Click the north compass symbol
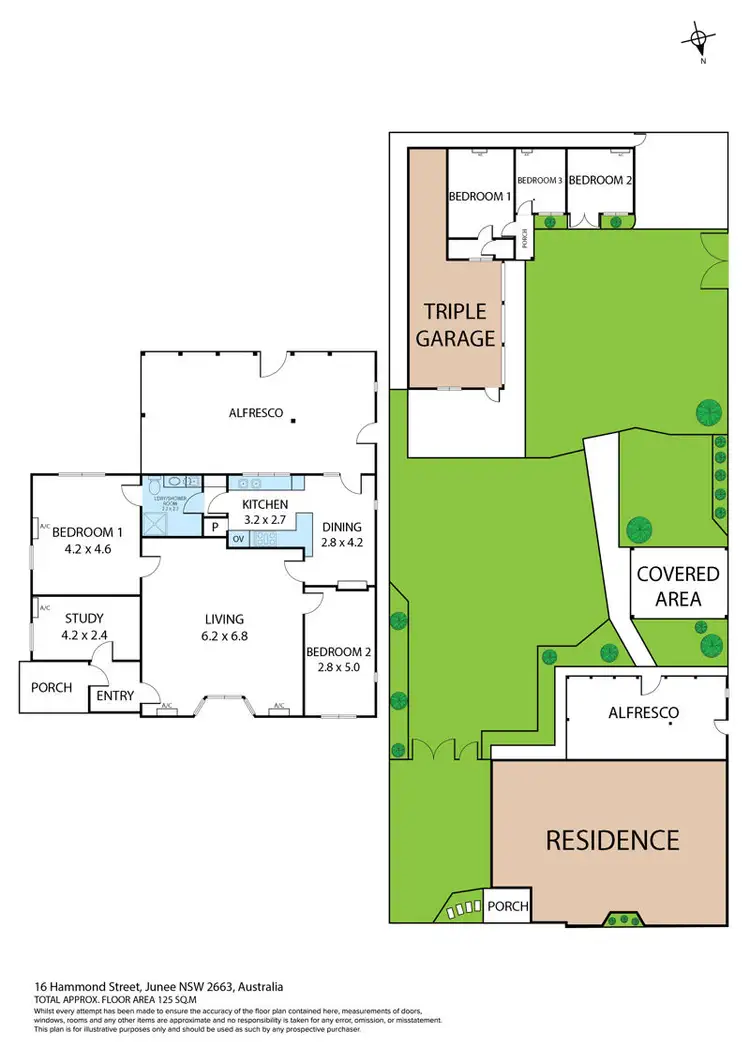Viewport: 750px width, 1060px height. tap(699, 41)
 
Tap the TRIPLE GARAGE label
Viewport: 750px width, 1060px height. tap(456, 325)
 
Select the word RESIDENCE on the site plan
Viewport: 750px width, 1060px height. tap(611, 840)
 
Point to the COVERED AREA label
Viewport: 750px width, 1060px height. tap(677, 586)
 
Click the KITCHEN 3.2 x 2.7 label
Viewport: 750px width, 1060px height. tap(265, 512)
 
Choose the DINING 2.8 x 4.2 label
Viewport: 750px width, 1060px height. tap(341, 535)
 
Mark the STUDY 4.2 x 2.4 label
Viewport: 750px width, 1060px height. tap(84, 626)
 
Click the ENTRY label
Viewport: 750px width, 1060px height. tap(116, 695)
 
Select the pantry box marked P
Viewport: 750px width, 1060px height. tap(215, 527)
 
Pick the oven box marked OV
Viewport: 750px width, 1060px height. tap(238, 540)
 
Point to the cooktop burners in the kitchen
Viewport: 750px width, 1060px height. tap(267, 540)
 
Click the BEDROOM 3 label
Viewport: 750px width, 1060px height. tap(540, 181)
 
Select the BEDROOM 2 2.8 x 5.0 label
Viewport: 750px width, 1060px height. tap(340, 660)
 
